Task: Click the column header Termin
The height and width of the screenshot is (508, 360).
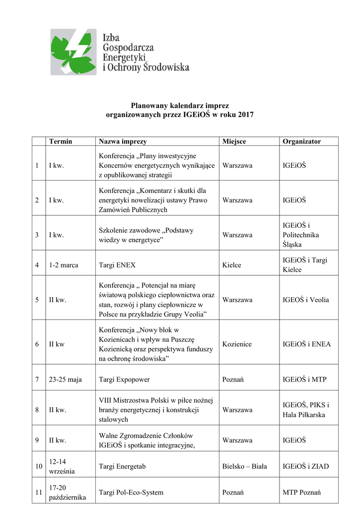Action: pyautogui.click(x=61, y=141)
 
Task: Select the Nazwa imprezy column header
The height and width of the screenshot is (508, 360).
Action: pyautogui.click(x=123, y=141)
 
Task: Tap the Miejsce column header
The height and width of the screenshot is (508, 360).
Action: pyautogui.click(x=234, y=141)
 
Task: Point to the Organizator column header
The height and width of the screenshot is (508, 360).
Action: pyautogui.click(x=302, y=141)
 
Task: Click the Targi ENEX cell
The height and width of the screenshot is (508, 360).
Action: pyautogui.click(x=117, y=265)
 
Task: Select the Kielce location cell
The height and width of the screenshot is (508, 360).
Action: pyautogui.click(x=232, y=265)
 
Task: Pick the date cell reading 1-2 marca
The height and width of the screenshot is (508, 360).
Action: pyautogui.click(x=64, y=265)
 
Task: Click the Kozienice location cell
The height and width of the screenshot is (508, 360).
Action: pyautogui.click(x=237, y=344)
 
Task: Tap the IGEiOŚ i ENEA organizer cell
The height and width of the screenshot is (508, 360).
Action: pyautogui.click(x=306, y=344)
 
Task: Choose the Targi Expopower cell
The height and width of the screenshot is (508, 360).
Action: pyautogui.click(x=124, y=380)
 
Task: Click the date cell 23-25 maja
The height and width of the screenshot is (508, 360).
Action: pyautogui.click(x=66, y=380)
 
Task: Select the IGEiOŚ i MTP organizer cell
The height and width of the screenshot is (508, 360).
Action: pyautogui.click(x=304, y=380)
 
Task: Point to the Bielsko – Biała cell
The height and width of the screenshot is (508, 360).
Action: pyautogui.click(x=245, y=466)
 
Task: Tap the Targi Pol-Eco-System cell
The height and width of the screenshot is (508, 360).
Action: pyautogui.click(x=131, y=493)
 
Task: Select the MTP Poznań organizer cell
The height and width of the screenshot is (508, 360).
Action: pyautogui.click(x=302, y=493)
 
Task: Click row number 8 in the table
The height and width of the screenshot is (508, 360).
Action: pyautogui.click(x=37, y=410)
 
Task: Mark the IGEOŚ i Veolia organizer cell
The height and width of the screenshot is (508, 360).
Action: pyautogui.click(x=306, y=300)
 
